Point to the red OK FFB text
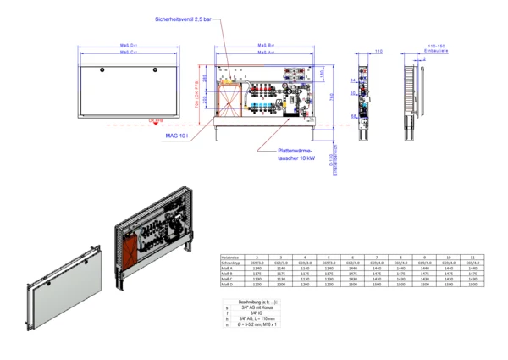click(155, 122)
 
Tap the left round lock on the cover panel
click(102, 68)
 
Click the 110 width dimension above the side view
click(378, 52)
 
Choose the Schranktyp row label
click(231, 262)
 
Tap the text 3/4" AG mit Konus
click(257, 307)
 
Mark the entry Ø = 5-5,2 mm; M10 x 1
click(260, 324)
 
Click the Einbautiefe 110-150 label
click(436, 47)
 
